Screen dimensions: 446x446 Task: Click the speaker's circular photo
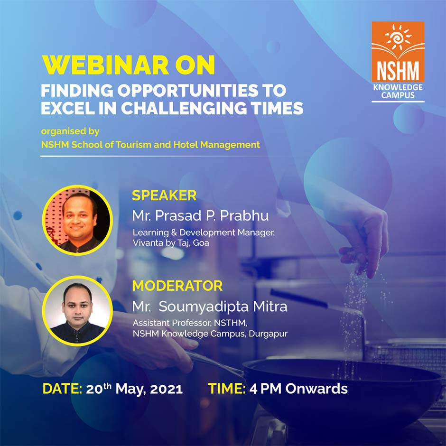click(77, 220)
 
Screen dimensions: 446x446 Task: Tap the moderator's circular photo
click(77, 310)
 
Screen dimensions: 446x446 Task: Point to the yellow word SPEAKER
click(164, 195)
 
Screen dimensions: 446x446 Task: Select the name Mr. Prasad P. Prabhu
click(200, 215)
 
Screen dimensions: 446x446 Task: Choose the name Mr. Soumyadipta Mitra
click(209, 307)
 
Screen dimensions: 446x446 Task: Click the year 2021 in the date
click(167, 389)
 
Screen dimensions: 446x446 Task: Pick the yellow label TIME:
click(227, 389)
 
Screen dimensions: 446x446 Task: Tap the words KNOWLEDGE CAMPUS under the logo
click(398, 91)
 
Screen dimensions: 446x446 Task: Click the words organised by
click(70, 131)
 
